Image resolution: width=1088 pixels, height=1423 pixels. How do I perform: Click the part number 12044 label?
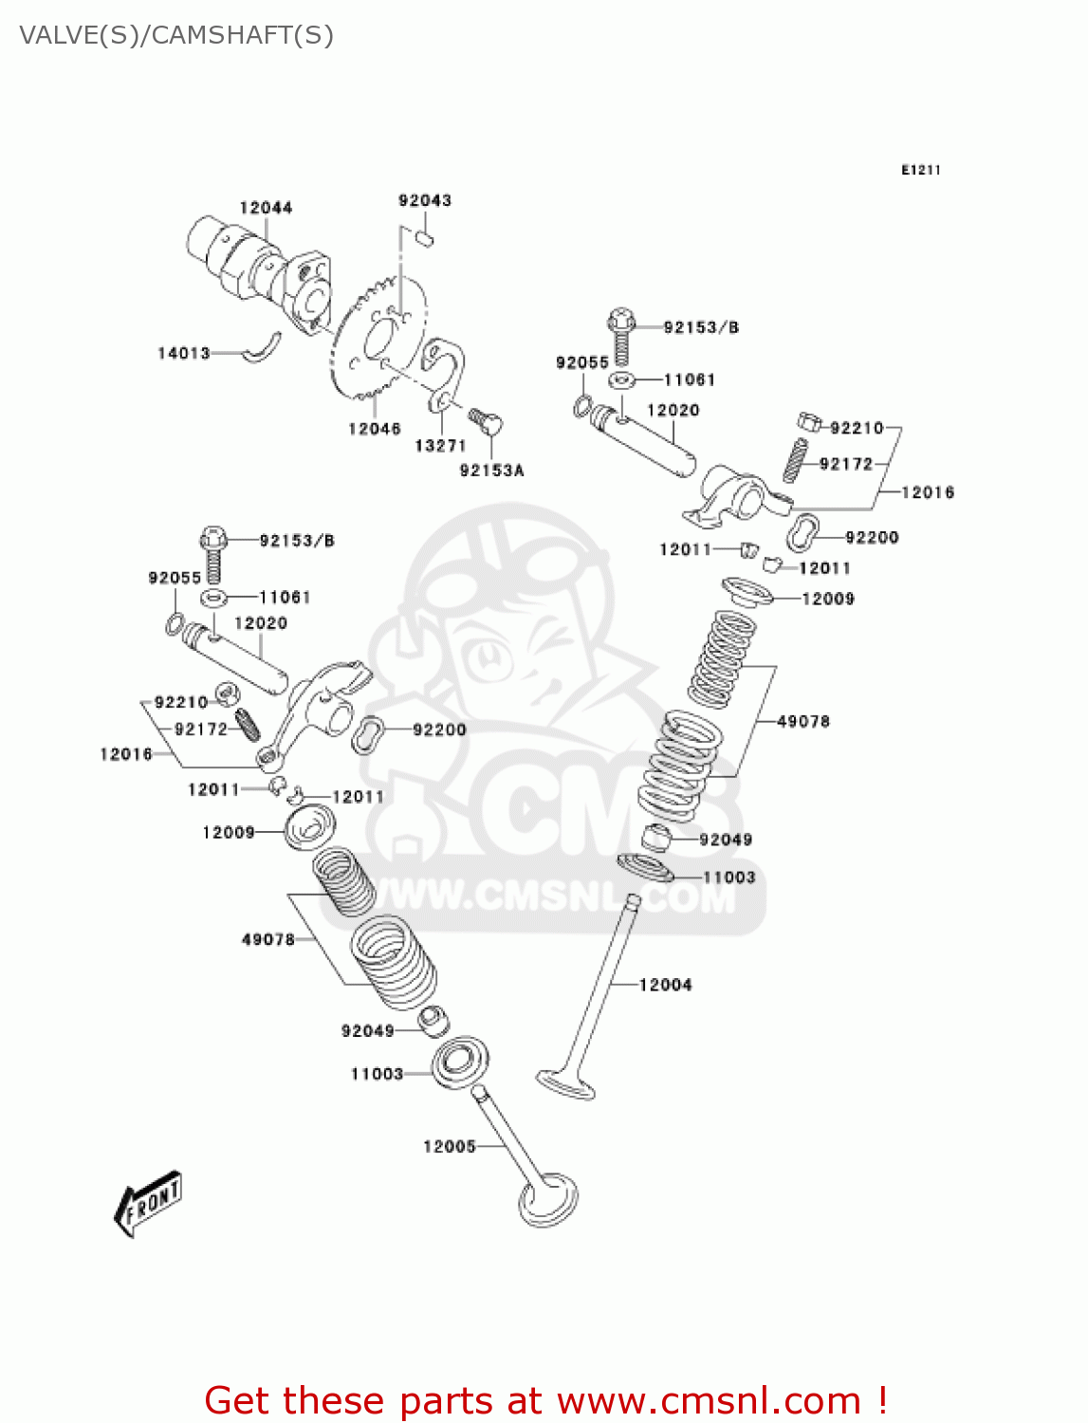(x=266, y=208)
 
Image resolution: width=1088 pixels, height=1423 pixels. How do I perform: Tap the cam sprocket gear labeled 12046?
(x=378, y=342)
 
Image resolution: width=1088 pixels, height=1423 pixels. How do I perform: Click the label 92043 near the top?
(x=425, y=200)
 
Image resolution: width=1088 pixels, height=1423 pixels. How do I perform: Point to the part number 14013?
(x=183, y=353)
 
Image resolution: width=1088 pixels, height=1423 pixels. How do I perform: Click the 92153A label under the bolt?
(x=491, y=470)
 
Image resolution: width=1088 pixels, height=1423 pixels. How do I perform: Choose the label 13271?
(x=440, y=445)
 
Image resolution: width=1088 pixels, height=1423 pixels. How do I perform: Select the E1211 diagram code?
(x=920, y=170)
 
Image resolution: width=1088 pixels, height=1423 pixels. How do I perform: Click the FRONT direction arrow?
(x=148, y=1203)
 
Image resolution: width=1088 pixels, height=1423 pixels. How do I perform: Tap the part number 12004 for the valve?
(x=665, y=985)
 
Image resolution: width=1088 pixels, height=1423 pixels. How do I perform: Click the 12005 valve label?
(x=449, y=1146)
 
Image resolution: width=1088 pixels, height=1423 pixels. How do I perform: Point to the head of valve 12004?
(x=565, y=1083)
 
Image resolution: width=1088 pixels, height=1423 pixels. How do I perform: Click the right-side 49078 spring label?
(x=802, y=721)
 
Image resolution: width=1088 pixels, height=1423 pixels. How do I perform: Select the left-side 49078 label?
(x=267, y=939)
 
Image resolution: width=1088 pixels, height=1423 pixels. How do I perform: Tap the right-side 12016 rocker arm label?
(x=927, y=491)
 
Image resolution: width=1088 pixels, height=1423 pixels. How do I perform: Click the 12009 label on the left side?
(x=228, y=832)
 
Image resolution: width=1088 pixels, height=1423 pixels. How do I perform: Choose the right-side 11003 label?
(x=728, y=877)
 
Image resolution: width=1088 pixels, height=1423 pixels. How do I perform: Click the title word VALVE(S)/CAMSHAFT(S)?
(x=176, y=35)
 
